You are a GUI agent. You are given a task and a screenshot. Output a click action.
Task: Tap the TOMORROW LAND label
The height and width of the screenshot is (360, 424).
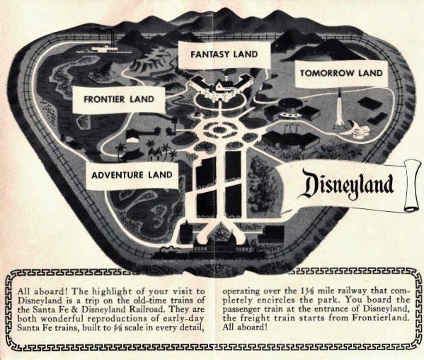click(341, 73)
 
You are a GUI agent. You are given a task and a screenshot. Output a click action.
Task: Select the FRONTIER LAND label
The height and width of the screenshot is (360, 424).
click(115, 99)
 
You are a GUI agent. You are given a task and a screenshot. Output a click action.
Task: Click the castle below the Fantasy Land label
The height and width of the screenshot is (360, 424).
click(220, 89)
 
